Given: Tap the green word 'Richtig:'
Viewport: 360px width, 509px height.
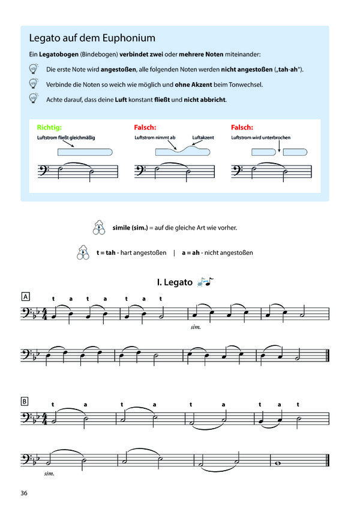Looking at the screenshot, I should [49, 128].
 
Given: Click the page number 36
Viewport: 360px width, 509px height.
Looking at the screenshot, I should [24, 493].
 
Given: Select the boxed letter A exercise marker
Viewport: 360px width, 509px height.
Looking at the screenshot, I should [25, 297].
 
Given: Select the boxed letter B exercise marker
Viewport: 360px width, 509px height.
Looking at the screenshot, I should [25, 400].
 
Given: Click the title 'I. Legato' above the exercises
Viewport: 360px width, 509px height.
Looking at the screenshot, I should [175, 282].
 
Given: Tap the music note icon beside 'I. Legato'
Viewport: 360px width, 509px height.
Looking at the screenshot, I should [206, 281].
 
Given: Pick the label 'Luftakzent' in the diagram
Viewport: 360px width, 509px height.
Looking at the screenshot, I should [203, 138].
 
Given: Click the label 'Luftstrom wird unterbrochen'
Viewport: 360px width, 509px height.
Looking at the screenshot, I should [260, 138].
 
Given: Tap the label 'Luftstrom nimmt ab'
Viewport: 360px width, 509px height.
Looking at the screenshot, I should [155, 138].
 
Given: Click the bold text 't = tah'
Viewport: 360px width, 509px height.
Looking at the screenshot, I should [105, 253].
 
